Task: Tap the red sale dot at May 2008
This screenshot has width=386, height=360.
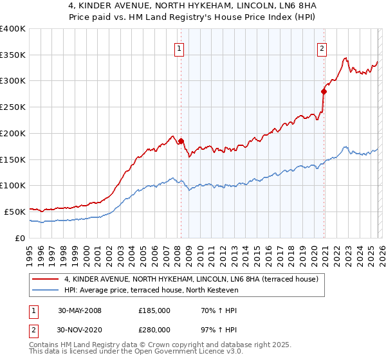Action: tap(181, 141)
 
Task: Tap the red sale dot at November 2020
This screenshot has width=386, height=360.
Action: tap(324, 91)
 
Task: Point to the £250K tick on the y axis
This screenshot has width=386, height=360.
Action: tap(13, 107)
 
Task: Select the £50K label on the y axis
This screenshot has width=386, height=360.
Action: tap(15, 212)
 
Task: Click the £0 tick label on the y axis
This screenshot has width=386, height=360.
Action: tap(20, 238)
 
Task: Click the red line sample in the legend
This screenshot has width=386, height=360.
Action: tap(46, 280)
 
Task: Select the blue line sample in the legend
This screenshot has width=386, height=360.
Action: tap(46, 291)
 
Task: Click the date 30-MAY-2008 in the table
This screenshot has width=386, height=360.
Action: tap(80, 310)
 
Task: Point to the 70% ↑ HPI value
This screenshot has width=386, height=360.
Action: tap(210, 310)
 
